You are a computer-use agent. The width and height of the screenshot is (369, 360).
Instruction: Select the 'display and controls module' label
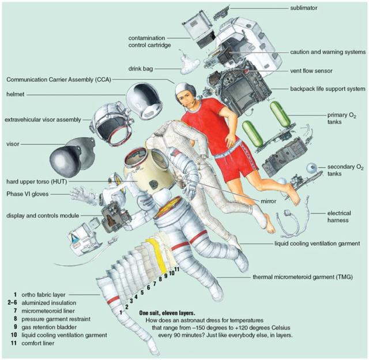tap(43, 216)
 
